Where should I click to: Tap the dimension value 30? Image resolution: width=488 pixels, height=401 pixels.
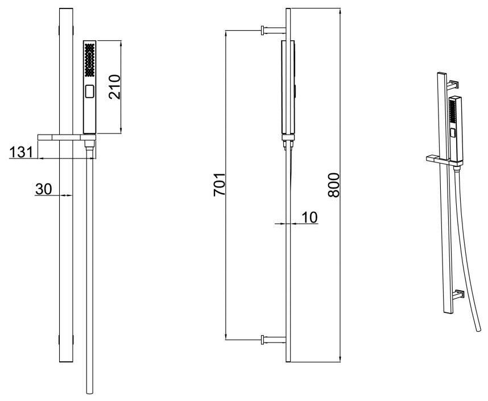[x=44, y=189]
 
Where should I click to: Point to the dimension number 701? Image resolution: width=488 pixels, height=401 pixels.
[x=219, y=185]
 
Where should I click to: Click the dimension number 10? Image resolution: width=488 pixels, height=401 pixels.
[x=309, y=216]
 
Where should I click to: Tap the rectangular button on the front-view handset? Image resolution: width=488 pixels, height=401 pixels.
[x=89, y=91]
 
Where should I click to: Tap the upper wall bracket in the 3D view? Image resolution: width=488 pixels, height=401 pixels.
[x=453, y=86]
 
